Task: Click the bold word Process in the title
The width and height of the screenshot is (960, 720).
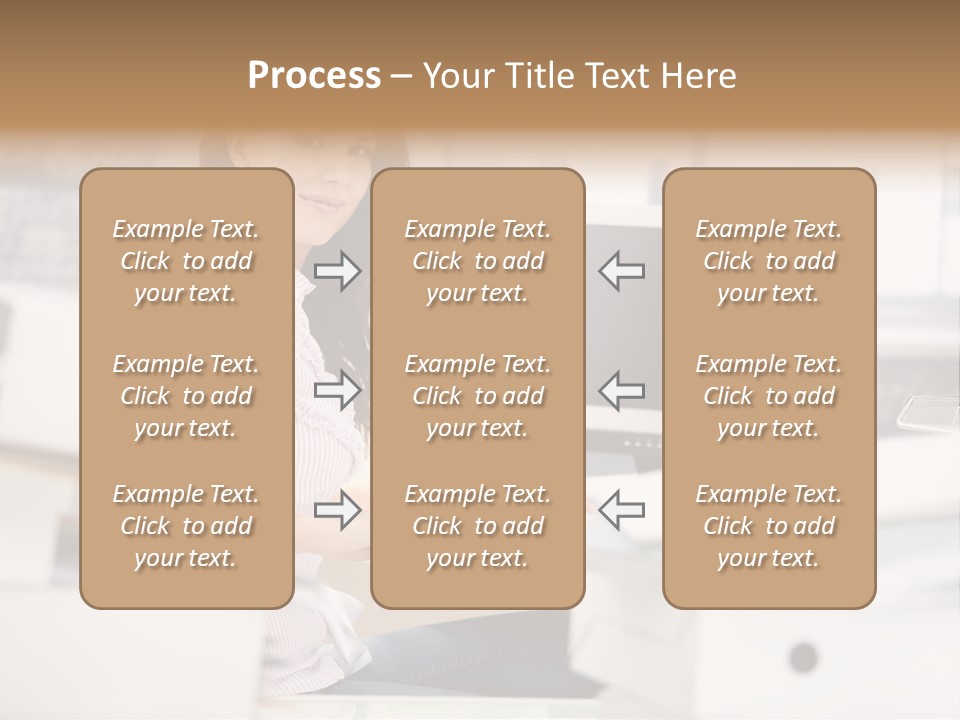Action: tap(314, 76)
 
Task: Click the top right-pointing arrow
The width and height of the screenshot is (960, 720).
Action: tap(338, 270)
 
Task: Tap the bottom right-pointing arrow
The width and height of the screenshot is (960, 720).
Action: tap(338, 510)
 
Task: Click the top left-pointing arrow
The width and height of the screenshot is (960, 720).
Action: tap(621, 270)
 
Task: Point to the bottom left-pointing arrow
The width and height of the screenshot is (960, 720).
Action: tap(621, 510)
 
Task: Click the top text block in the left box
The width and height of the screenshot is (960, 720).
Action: tap(186, 261)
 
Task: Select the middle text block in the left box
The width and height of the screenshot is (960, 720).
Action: tap(186, 396)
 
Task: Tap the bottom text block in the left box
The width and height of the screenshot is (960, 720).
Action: tap(186, 526)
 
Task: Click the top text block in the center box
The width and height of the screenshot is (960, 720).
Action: tap(478, 261)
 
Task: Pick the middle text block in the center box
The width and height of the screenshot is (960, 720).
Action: tap(478, 396)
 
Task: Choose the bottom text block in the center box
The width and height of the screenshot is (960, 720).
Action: tap(478, 526)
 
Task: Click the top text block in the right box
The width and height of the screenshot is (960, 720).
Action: tap(769, 261)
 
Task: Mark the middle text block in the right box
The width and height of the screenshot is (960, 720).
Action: tap(769, 396)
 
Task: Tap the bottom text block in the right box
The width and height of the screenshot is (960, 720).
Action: tap(769, 526)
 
